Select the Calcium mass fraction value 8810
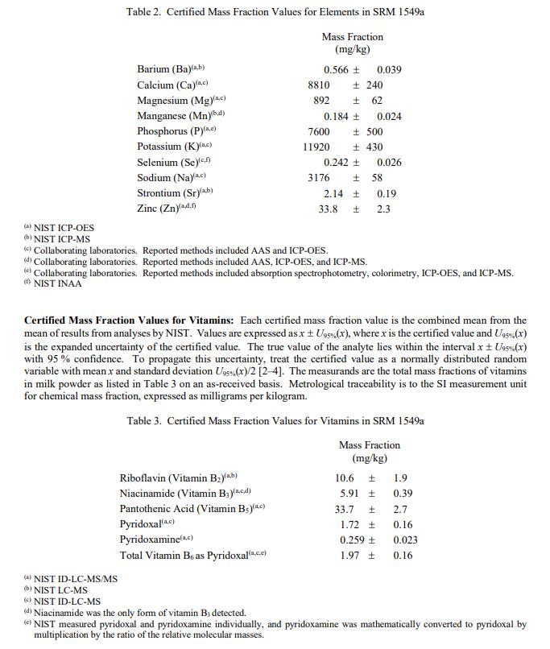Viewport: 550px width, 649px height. point(319,85)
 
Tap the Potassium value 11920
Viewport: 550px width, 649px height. point(316,147)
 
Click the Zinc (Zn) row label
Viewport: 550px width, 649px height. point(163,209)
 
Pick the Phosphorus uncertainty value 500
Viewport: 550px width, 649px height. point(374,131)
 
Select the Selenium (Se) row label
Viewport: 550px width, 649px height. point(167,163)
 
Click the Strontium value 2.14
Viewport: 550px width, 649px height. point(333,193)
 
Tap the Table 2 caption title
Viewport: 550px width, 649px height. point(275,13)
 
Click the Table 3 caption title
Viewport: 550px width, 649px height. point(275,420)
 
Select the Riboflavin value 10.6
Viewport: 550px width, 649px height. point(344,477)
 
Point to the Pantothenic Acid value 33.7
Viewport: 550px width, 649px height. point(344,509)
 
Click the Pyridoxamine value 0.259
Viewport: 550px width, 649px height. point(352,539)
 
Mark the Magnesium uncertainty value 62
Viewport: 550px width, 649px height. point(377,101)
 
